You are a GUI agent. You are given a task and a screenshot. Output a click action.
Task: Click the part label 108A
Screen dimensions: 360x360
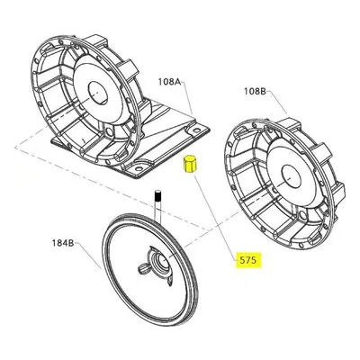click(169, 82)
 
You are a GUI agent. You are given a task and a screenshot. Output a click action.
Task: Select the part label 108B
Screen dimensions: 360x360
click(255, 91)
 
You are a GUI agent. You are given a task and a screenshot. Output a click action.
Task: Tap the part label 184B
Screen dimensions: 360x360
click(62, 243)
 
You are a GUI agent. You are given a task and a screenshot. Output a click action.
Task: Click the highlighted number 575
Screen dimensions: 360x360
click(248, 260)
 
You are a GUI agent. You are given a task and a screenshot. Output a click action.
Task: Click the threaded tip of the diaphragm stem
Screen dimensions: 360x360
click(157, 195)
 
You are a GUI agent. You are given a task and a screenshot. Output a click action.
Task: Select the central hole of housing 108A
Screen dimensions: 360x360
click(97, 92)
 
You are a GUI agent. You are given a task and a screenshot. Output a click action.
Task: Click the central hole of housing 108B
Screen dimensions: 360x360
click(291, 177)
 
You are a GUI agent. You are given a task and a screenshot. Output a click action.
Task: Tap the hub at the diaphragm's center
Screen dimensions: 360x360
click(161, 260)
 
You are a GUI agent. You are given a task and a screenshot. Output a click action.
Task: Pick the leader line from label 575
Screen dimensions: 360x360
click(214, 214)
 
